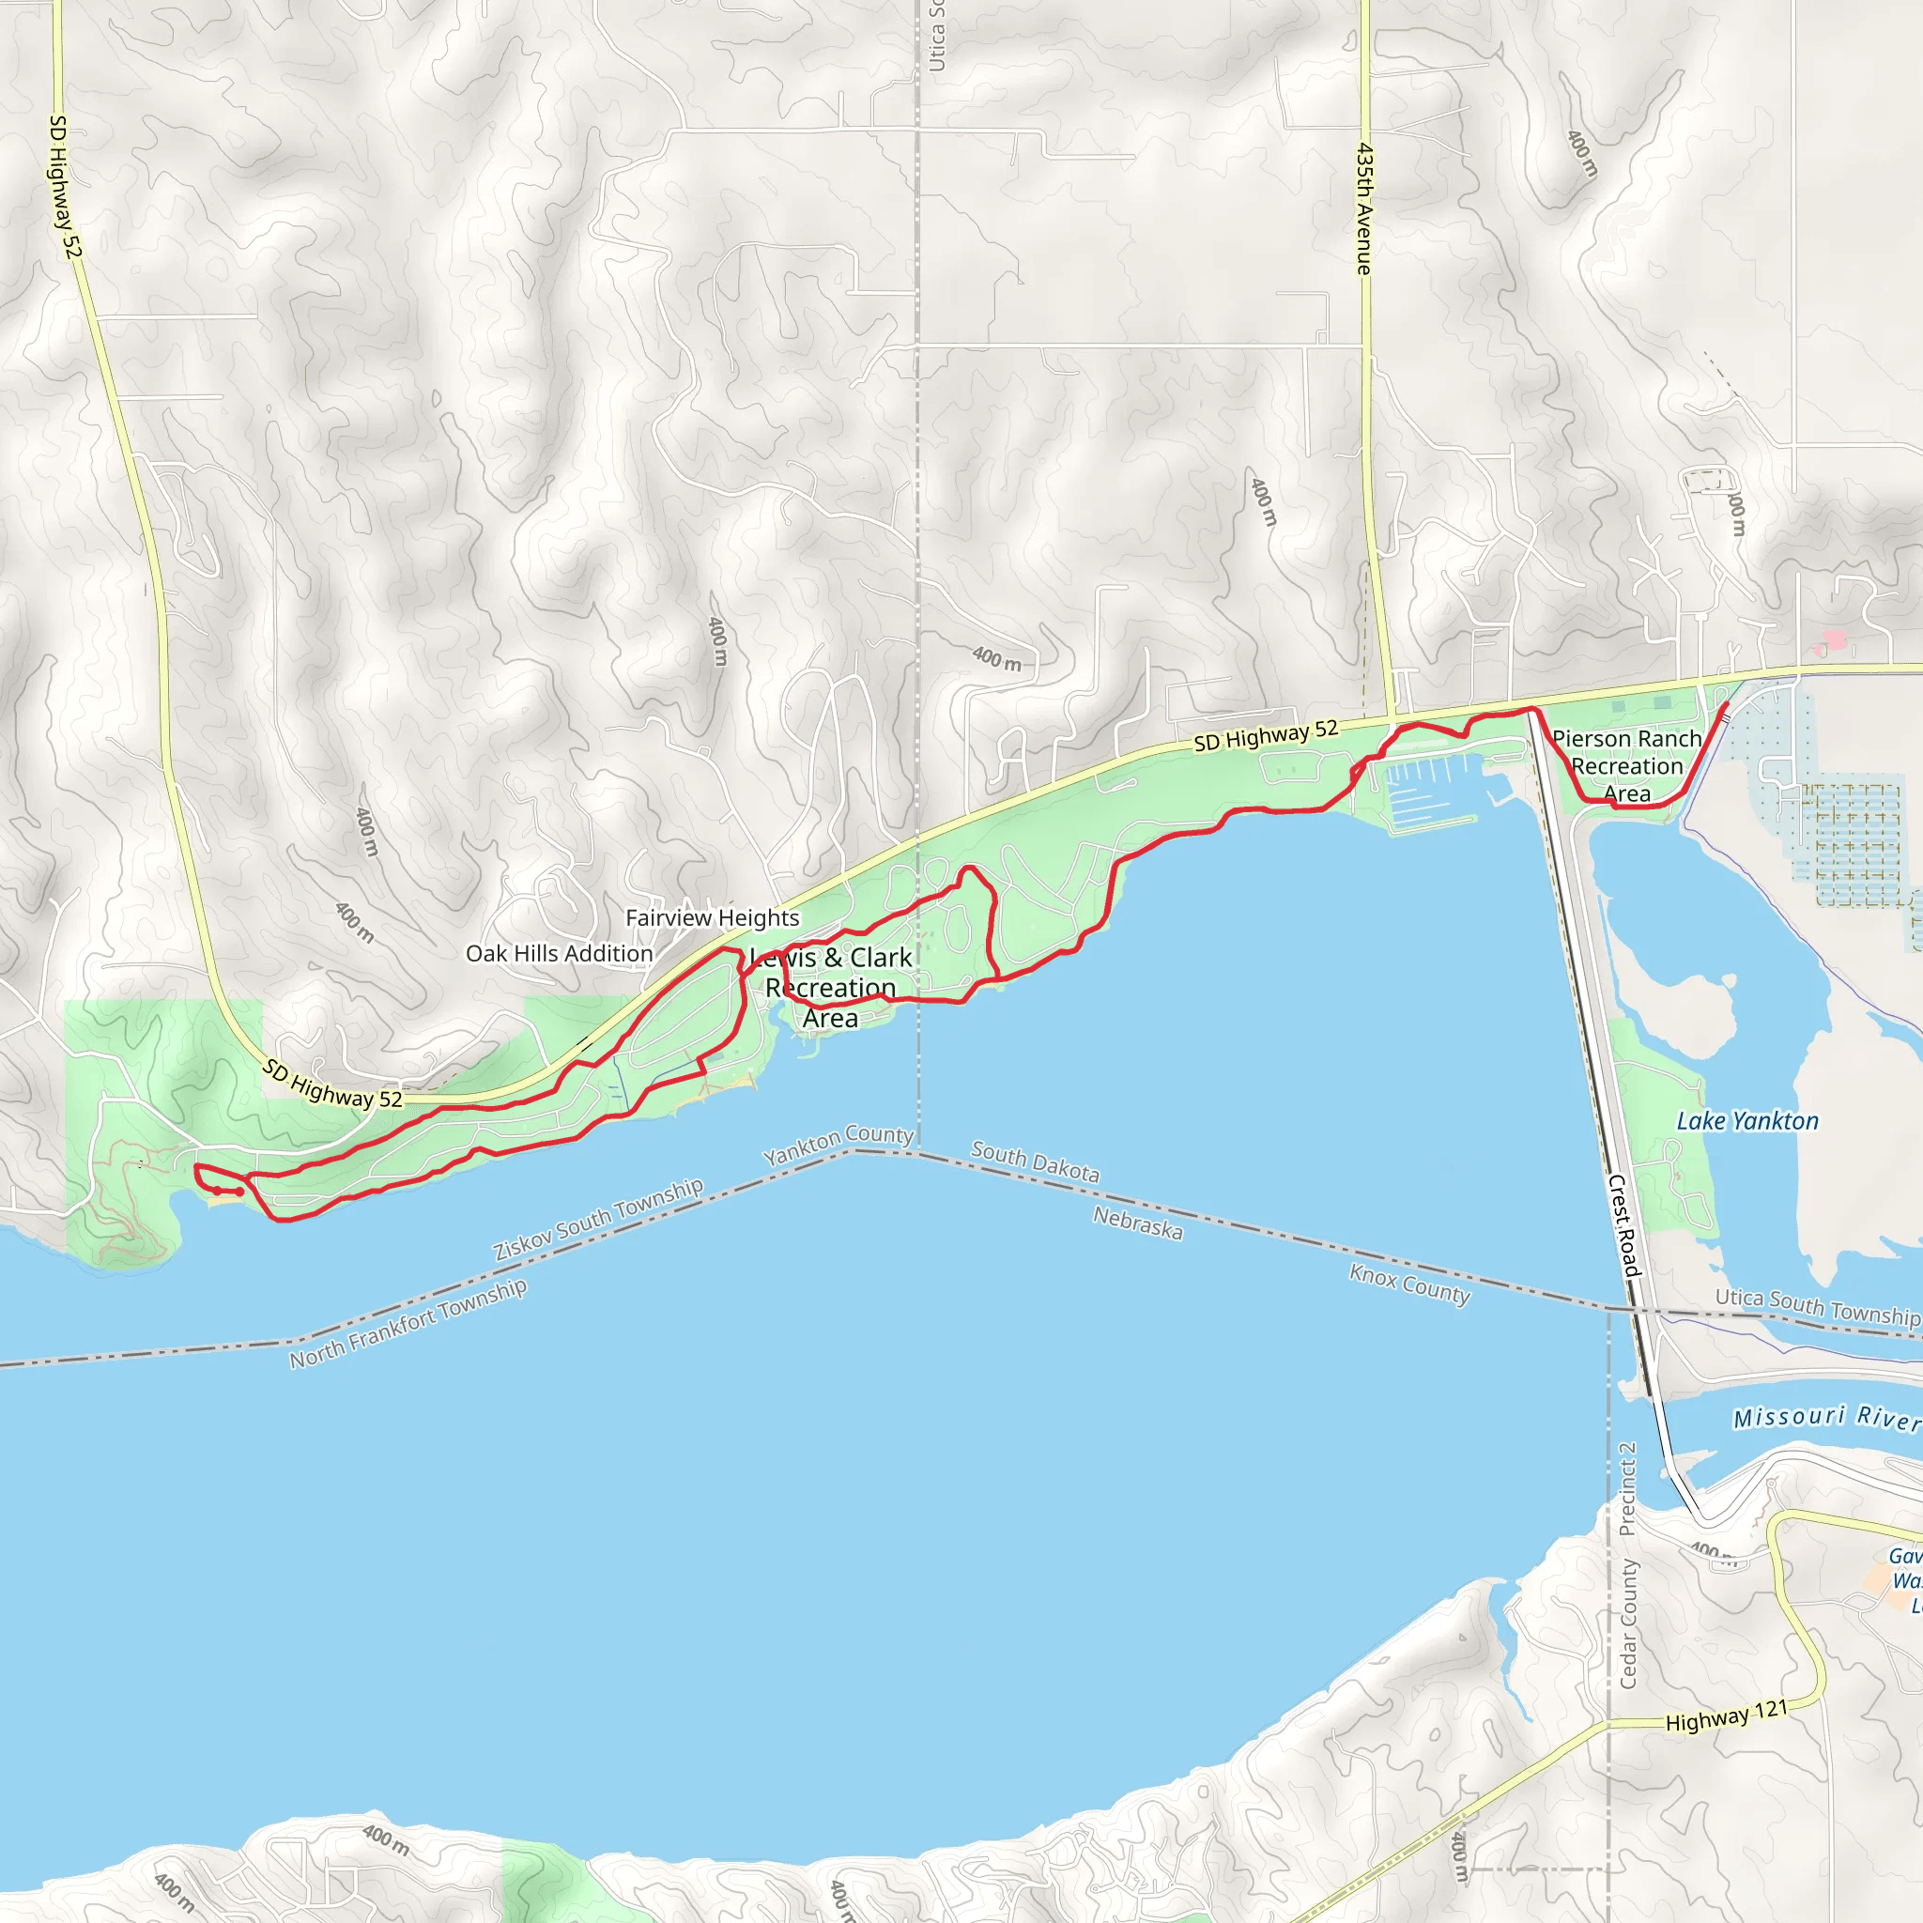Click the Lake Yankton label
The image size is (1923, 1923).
1746,1122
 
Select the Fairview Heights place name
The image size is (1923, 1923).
712,917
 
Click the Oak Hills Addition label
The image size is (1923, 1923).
559,954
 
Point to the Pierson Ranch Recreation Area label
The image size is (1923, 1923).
1626,766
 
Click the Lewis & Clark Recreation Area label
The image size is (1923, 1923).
831,988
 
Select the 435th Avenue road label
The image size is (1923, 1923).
1363,209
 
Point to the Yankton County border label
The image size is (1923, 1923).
838,1146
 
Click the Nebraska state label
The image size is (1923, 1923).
1138,1223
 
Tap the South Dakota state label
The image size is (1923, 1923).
1035,1162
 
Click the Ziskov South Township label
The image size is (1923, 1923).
598,1220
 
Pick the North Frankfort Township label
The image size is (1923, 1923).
408,1324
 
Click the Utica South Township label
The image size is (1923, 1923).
1817,1307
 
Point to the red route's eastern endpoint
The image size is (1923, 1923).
1725,705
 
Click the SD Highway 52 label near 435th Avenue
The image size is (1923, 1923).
1265,736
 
